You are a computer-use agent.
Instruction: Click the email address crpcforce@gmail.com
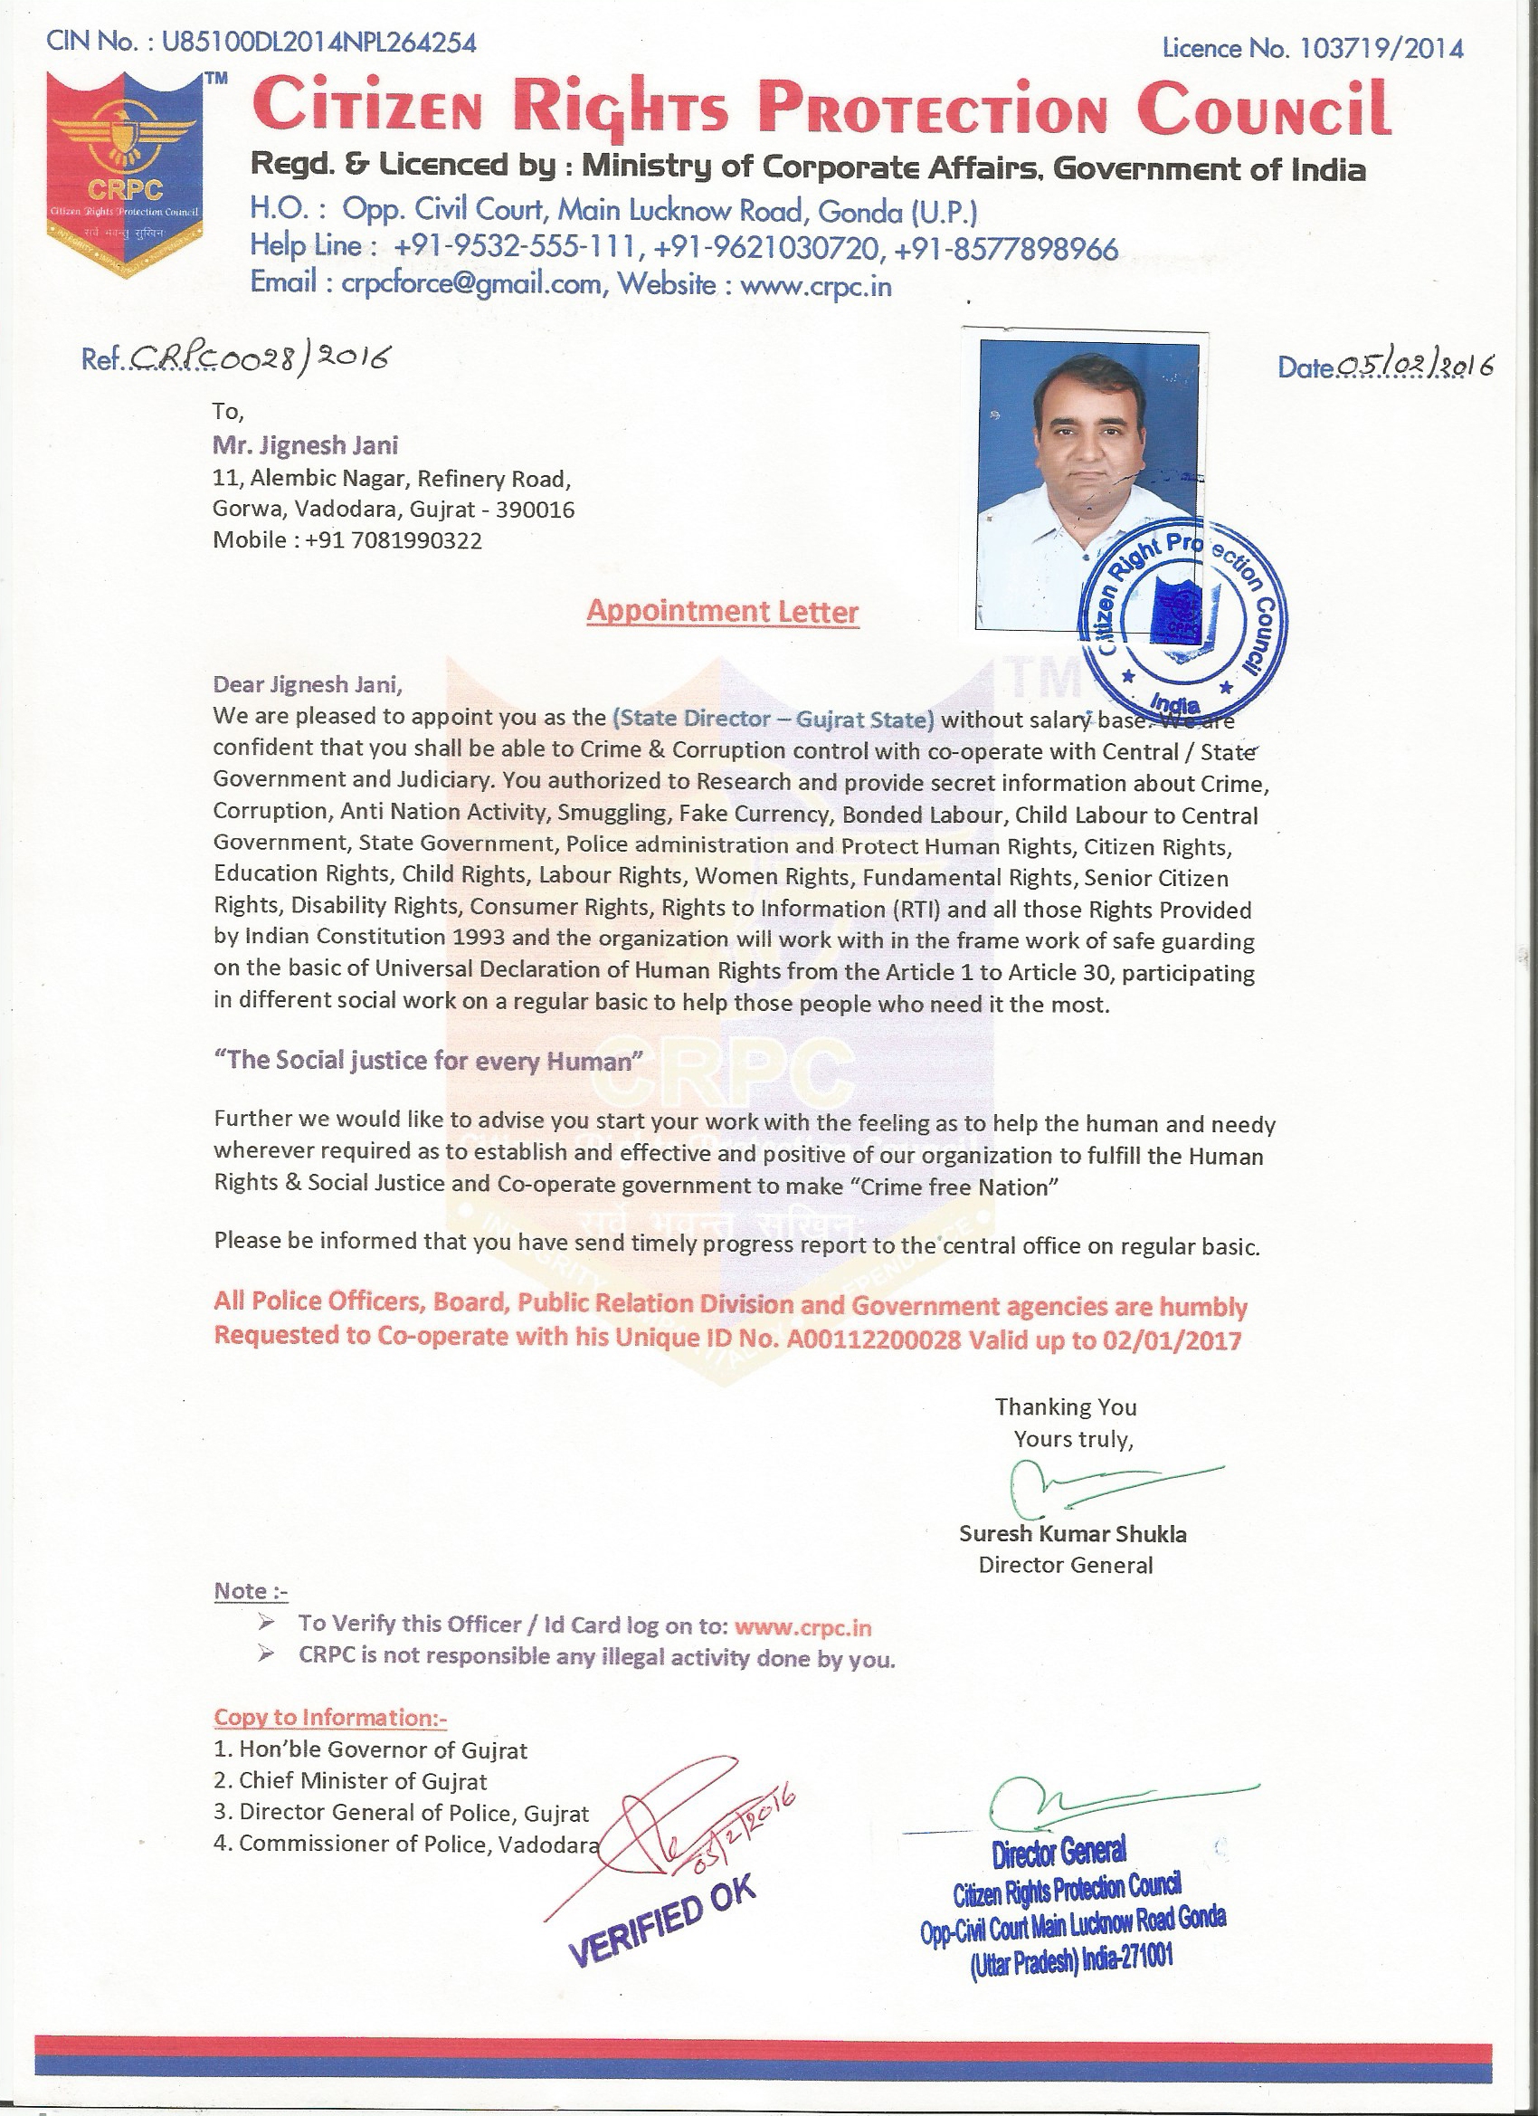tap(472, 284)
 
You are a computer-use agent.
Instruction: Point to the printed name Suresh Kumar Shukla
tap(1073, 1533)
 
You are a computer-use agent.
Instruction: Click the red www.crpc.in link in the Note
tap(803, 1626)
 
